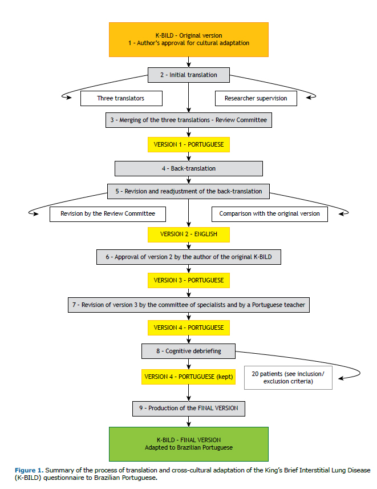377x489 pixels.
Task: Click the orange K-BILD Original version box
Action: coord(189,39)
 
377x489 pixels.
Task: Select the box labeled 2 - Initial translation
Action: coord(189,75)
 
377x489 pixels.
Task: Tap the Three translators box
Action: coord(121,98)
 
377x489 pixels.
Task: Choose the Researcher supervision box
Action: coord(256,98)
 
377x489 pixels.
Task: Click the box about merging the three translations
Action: coord(189,120)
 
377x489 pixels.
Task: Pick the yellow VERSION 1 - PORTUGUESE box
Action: coord(189,145)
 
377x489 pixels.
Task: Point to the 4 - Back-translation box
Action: coord(189,168)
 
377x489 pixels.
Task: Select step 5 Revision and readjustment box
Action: coord(188,191)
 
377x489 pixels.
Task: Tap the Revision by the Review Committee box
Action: coord(108,214)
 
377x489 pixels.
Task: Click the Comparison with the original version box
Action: coord(270,214)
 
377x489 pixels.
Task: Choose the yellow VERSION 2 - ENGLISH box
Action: coord(189,235)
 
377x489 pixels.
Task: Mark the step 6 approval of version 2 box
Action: coord(189,257)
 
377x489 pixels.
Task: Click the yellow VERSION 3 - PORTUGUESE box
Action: coord(189,280)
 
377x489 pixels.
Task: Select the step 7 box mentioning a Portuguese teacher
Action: coord(189,305)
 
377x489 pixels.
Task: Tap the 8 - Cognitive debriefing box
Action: coord(188,351)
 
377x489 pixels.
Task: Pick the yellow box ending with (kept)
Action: coord(188,377)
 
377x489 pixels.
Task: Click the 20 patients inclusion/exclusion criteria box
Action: coord(288,378)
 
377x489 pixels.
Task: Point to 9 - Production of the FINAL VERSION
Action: coord(189,409)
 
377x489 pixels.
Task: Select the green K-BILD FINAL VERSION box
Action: coord(189,444)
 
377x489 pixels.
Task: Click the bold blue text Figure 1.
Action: coord(29,470)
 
